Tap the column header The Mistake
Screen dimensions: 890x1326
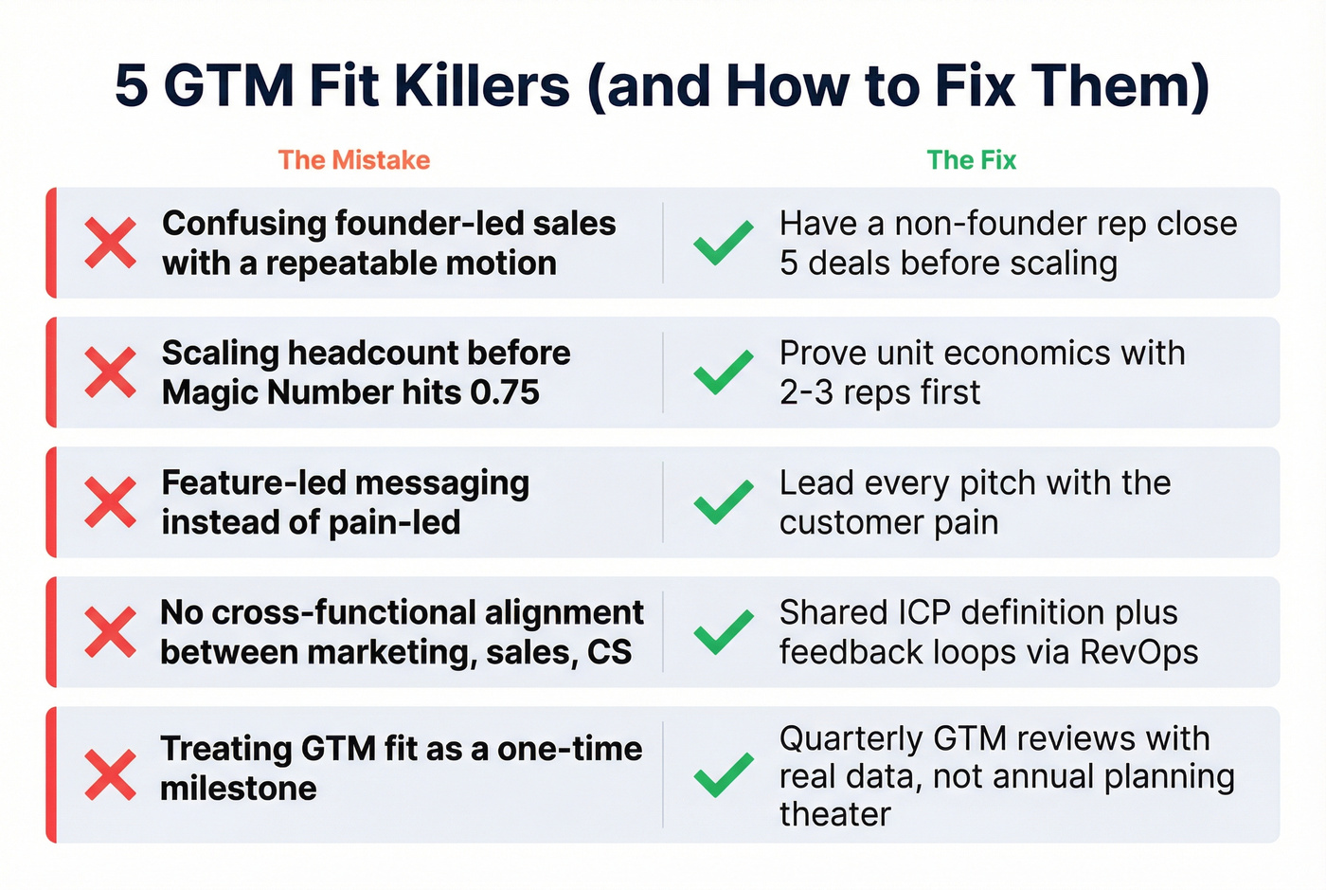pos(354,160)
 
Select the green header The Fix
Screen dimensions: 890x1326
pos(971,160)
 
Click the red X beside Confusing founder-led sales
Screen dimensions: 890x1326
pos(111,243)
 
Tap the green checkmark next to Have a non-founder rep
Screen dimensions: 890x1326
pos(724,243)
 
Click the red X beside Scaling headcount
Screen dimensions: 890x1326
pos(111,372)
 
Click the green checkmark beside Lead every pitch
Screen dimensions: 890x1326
pos(724,502)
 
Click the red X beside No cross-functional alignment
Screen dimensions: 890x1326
pos(111,632)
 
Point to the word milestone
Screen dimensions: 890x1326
pos(239,789)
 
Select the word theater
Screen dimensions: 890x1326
pos(834,814)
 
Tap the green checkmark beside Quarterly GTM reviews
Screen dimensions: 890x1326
pos(724,774)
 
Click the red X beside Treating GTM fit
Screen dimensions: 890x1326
pos(111,774)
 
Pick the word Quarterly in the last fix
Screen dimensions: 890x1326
pos(851,738)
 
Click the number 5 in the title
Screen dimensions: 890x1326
pos(132,85)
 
